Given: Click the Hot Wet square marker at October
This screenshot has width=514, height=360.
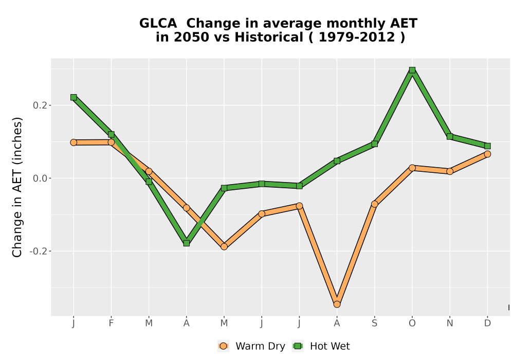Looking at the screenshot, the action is pyautogui.click(x=412, y=70).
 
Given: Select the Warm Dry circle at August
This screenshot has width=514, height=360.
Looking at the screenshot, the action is pyautogui.click(x=337, y=304).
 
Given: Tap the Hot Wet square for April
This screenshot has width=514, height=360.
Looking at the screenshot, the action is pyautogui.click(x=187, y=243).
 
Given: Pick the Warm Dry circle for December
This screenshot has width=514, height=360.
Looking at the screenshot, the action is pyautogui.click(x=487, y=154).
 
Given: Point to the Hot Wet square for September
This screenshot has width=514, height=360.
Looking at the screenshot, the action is pyautogui.click(x=375, y=144).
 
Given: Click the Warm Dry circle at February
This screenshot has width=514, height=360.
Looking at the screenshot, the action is pyautogui.click(x=111, y=142).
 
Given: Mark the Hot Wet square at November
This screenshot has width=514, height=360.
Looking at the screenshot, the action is pyautogui.click(x=450, y=136).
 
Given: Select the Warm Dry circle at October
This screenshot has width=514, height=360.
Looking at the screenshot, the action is pyautogui.click(x=412, y=168).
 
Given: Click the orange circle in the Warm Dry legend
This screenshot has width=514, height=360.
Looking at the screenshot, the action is pyautogui.click(x=223, y=346).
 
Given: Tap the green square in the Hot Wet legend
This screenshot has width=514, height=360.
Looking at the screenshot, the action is pyautogui.click(x=298, y=346).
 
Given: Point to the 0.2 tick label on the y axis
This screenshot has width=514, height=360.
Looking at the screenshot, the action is pyautogui.click(x=40, y=105).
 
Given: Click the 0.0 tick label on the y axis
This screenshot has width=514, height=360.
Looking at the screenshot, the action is pyautogui.click(x=40, y=178).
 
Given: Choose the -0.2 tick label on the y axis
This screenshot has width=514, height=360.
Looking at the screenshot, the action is pyautogui.click(x=38, y=251).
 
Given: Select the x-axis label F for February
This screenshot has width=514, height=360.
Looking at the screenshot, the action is pyautogui.click(x=111, y=323).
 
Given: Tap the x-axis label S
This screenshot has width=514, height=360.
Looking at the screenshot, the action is pyautogui.click(x=375, y=323).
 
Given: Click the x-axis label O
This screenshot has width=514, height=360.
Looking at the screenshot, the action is pyautogui.click(x=412, y=323).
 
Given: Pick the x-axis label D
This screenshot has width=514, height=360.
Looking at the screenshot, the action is pyautogui.click(x=487, y=323).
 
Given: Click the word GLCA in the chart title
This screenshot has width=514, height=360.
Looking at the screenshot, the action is pyautogui.click(x=158, y=24).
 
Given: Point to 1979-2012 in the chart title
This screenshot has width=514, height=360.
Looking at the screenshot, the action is pyautogui.click(x=357, y=37).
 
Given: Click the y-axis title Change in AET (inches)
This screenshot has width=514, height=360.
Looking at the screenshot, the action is pyautogui.click(x=17, y=187).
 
